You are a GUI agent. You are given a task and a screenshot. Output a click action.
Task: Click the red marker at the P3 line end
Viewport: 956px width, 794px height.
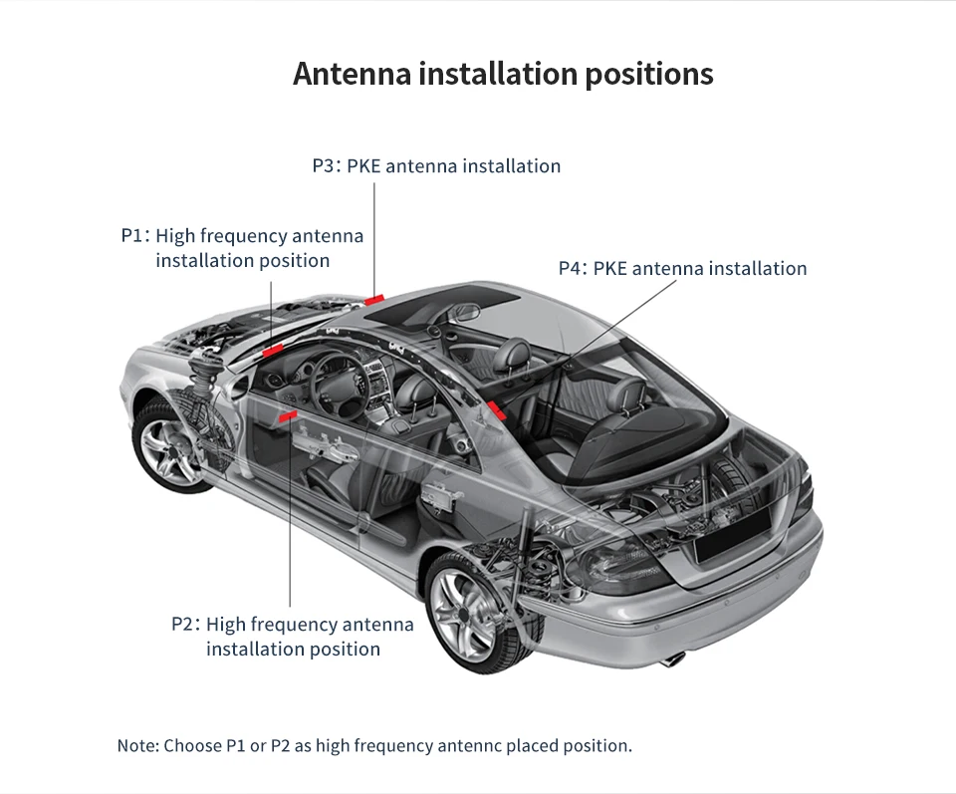pos(374,298)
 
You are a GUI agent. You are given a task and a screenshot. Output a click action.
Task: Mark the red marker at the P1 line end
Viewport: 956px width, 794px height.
pos(272,349)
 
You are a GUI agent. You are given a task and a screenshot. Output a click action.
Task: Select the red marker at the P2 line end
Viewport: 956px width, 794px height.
pos(291,414)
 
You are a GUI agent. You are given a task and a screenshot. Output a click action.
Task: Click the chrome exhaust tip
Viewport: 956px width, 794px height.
pos(674,659)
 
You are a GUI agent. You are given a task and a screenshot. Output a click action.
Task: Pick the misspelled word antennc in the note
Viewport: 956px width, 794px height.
pos(470,745)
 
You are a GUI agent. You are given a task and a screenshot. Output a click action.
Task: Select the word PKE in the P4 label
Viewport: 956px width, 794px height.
pos(609,268)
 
